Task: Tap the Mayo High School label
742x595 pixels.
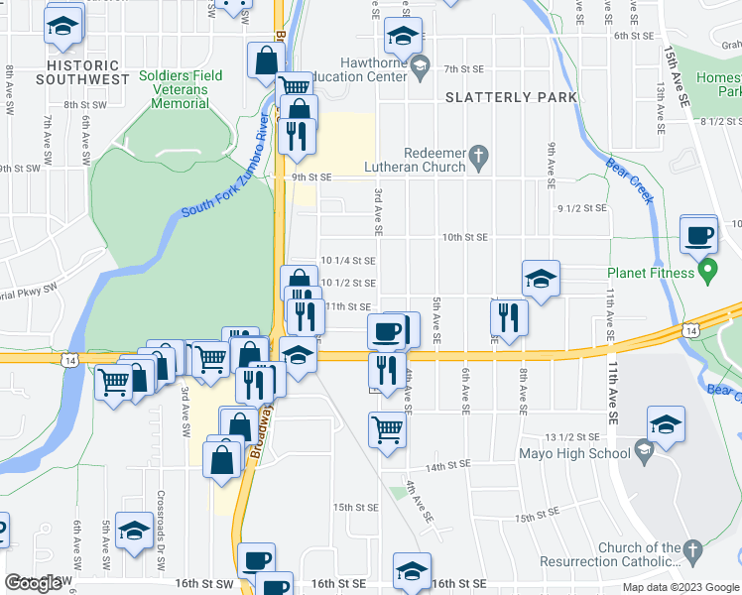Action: [x=574, y=454]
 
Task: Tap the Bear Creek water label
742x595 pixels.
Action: [x=629, y=179]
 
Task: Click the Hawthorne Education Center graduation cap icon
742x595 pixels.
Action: [x=420, y=67]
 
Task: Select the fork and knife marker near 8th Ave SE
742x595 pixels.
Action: [x=509, y=318]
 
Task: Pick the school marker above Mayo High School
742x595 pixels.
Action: [x=666, y=423]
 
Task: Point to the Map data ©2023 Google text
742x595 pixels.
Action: [x=680, y=587]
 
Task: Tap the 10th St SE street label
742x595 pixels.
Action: [x=465, y=238]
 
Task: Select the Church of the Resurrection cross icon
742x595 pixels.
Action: [x=692, y=548]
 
